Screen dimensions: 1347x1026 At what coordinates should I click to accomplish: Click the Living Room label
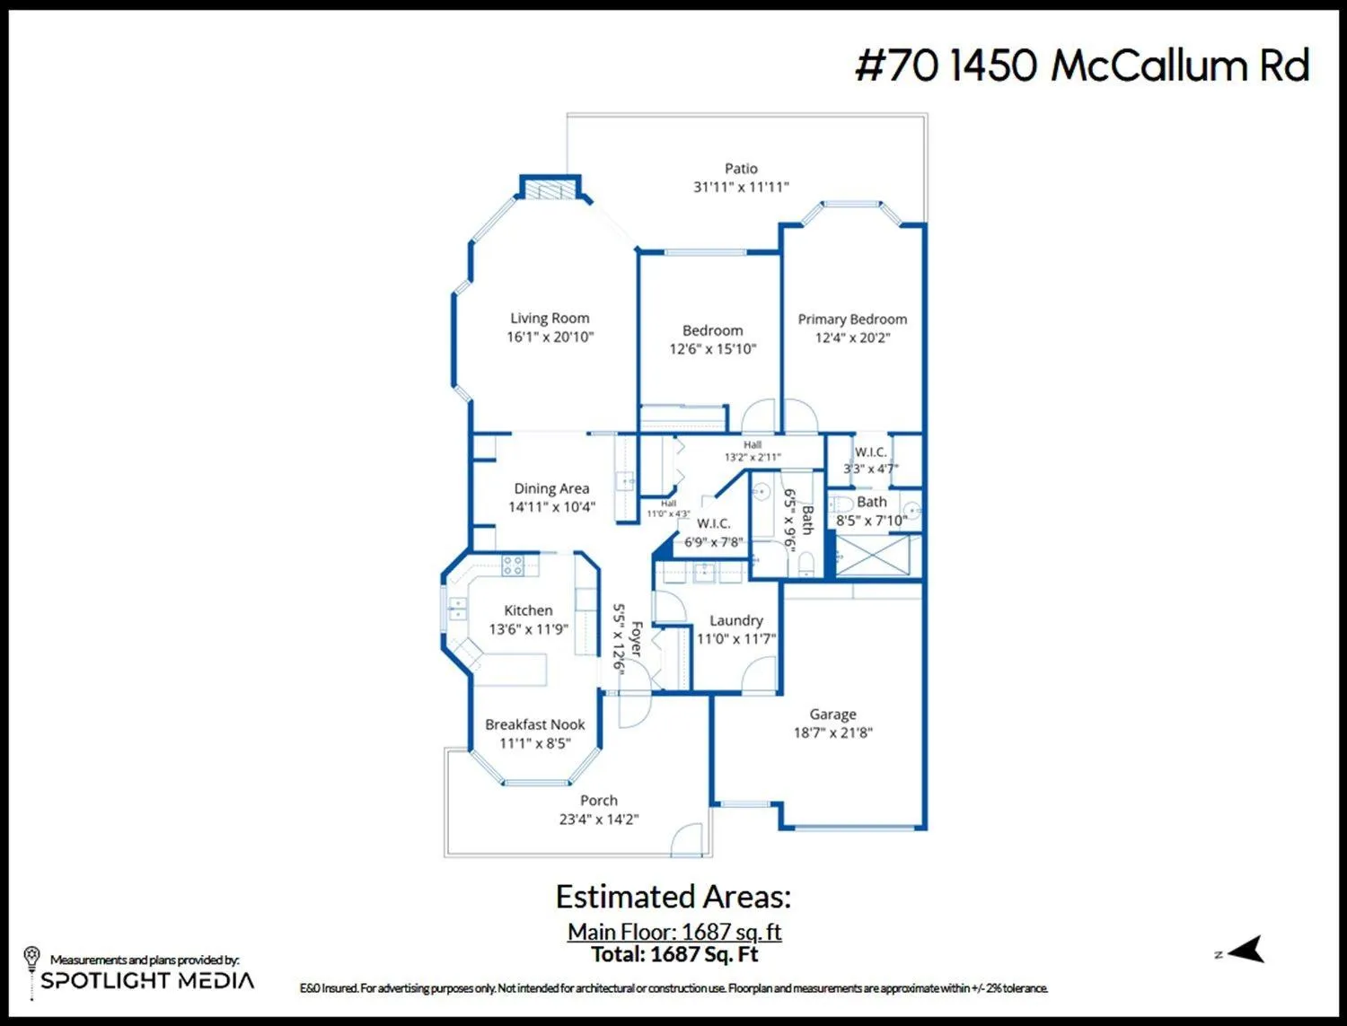pyautogui.click(x=550, y=319)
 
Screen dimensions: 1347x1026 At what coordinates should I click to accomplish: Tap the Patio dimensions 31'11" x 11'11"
pyautogui.click(x=741, y=187)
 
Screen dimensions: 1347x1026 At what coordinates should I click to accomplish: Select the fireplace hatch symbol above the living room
pyautogui.click(x=550, y=189)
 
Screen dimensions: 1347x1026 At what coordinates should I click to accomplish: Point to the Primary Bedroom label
pyautogui.click(x=852, y=320)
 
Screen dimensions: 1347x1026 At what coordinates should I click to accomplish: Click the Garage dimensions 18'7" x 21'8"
pyautogui.click(x=832, y=732)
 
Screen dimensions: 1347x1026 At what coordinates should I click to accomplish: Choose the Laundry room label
pyautogui.click(x=735, y=620)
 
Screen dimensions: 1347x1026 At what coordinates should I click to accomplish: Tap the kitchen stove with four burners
pyautogui.click(x=513, y=565)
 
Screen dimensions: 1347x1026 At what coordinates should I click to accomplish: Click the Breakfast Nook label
pyautogui.click(x=534, y=724)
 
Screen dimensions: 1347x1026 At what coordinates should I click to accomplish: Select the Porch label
pyautogui.click(x=599, y=801)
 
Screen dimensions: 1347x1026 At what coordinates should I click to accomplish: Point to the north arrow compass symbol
pyautogui.click(x=1246, y=949)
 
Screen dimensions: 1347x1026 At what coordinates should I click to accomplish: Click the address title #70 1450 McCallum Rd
pyautogui.click(x=1082, y=66)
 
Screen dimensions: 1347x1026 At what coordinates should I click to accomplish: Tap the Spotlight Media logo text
pyautogui.click(x=147, y=980)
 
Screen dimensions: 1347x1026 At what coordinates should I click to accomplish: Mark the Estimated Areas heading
pyautogui.click(x=673, y=897)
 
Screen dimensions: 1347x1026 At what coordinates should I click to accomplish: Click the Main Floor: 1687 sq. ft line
pyautogui.click(x=673, y=932)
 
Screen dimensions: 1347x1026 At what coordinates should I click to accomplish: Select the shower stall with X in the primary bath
pyautogui.click(x=873, y=556)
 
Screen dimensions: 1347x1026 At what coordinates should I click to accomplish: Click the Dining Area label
pyautogui.click(x=551, y=489)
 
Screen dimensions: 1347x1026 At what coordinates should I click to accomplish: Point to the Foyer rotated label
pyautogui.click(x=637, y=639)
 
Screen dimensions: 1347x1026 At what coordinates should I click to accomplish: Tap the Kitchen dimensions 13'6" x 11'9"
pyautogui.click(x=528, y=629)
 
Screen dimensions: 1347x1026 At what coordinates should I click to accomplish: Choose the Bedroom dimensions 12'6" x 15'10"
pyautogui.click(x=712, y=349)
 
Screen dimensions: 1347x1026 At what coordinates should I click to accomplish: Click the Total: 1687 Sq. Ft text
pyautogui.click(x=673, y=954)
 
